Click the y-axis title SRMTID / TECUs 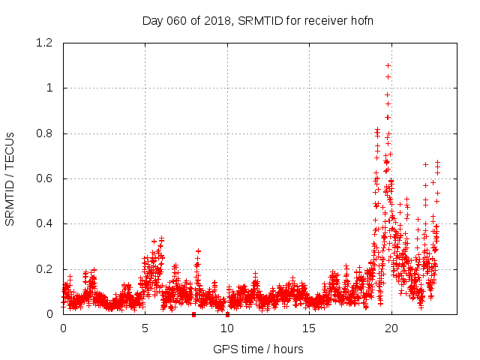(x=10, y=178)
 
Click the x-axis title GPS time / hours (x=258, y=349)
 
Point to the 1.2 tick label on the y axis (x=43, y=43)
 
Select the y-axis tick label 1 (x=49, y=88)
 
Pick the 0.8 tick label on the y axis (x=43, y=133)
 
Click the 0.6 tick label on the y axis (x=43, y=178)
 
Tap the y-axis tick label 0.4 (x=43, y=223)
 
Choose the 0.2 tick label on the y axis (x=43, y=269)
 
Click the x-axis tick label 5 (x=145, y=328)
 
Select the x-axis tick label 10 (x=227, y=328)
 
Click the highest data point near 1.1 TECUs (x=388, y=65)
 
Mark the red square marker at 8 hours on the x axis (x=194, y=314)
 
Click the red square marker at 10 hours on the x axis (x=227, y=314)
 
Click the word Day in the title (x=152, y=20)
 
